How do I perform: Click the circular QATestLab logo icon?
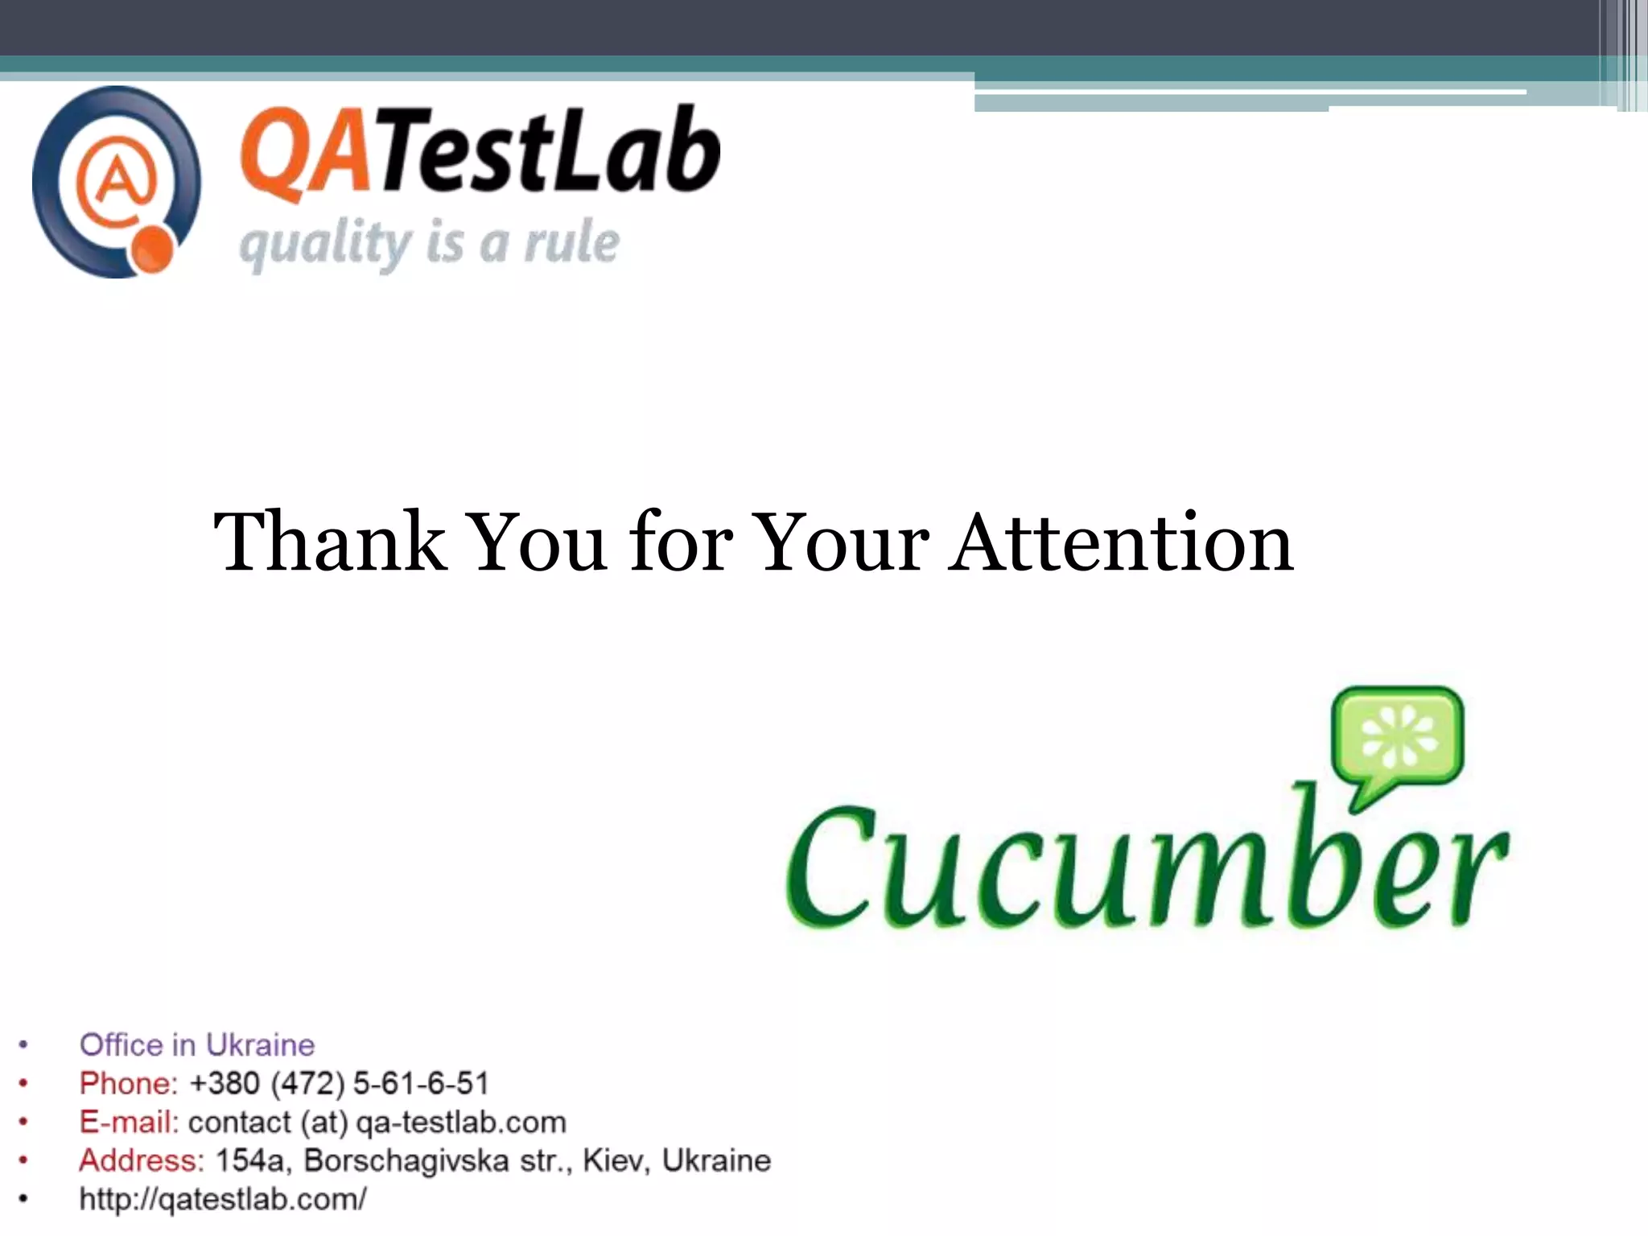(117, 183)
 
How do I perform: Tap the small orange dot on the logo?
(151, 251)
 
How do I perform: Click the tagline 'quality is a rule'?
(430, 243)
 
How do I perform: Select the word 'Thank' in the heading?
(330, 542)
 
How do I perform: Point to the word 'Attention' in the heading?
(1120, 542)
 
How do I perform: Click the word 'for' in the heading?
(682, 542)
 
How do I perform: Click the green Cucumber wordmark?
(1146, 869)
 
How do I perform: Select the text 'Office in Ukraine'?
(197, 1044)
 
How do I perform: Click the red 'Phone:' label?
(128, 1083)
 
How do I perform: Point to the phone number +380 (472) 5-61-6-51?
(339, 1083)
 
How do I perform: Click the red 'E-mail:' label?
(129, 1122)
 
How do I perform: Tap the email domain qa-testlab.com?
(460, 1122)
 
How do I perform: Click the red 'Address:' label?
(142, 1160)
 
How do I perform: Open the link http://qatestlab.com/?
(223, 1199)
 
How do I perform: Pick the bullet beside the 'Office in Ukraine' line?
(23, 1044)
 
